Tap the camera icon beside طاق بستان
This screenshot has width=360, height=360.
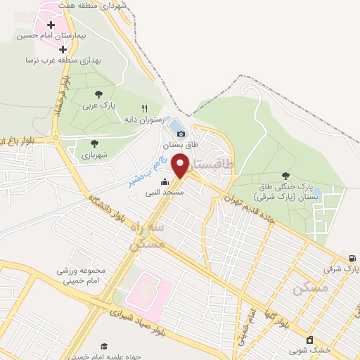point(181,134)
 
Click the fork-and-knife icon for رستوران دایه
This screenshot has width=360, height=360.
point(144,108)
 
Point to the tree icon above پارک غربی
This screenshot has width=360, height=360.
point(98,94)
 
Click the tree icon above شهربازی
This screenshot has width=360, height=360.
point(95,143)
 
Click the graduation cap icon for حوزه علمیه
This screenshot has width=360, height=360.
point(104,347)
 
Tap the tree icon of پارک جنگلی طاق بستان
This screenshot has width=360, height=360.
point(285,176)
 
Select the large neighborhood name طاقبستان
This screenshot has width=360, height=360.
point(215,166)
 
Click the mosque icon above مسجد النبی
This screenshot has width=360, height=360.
point(165,181)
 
